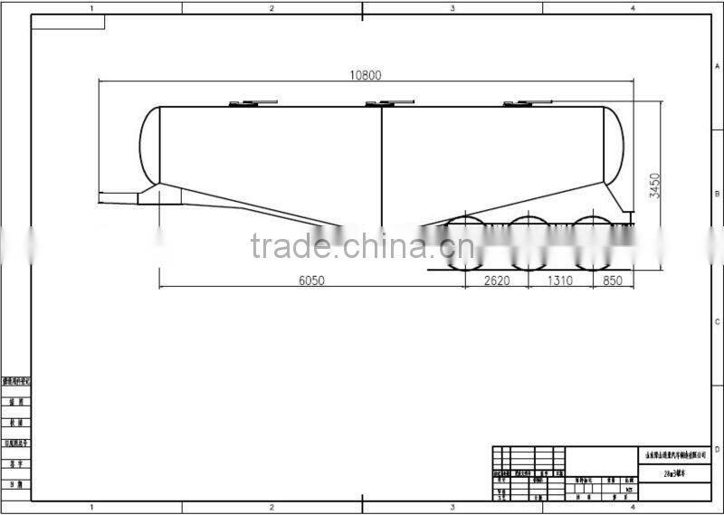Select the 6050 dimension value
tap(311, 281)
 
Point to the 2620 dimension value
tap(497, 281)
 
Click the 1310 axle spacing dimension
tap(559, 281)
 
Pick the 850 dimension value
tap(614, 281)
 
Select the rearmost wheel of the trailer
tap(592, 242)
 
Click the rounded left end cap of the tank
tap(149, 145)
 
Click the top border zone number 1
tap(91, 8)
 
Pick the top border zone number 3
tap(452, 8)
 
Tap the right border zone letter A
tap(717, 67)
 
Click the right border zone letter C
tap(717, 321)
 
